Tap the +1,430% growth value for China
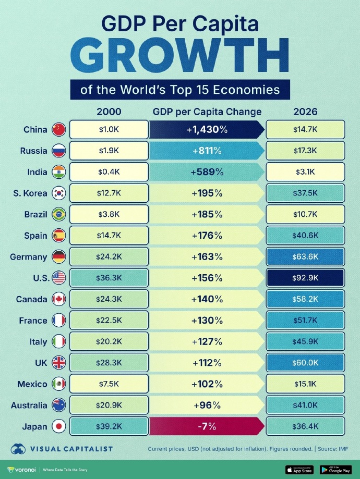[x=207, y=130]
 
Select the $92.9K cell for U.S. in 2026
[x=305, y=278]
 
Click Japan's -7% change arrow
[x=207, y=426]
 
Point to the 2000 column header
[x=109, y=112]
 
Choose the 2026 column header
[x=305, y=112]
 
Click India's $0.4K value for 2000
[x=109, y=172]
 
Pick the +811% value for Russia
[x=207, y=151]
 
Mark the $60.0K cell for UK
[x=305, y=363]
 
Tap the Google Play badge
[x=334, y=470]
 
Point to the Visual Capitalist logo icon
[x=19, y=449]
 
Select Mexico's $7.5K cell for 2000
[x=109, y=384]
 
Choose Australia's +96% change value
[x=207, y=405]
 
